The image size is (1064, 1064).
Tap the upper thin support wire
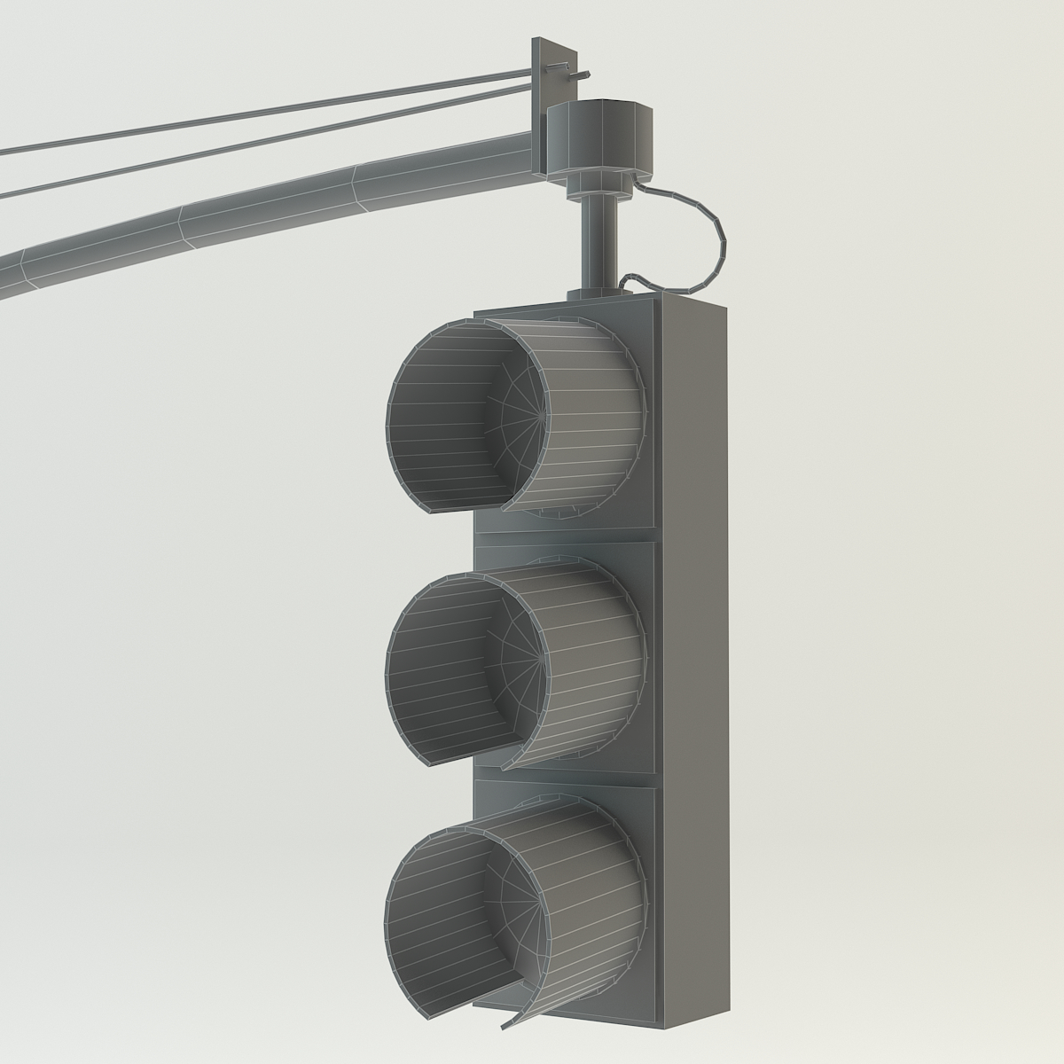[266, 112]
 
